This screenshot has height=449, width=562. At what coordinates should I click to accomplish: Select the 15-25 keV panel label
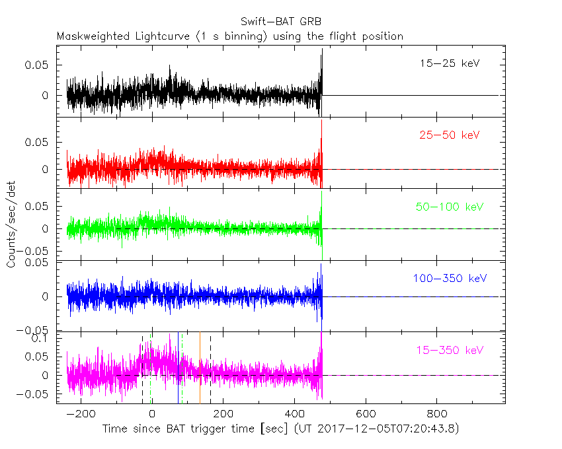(x=449, y=64)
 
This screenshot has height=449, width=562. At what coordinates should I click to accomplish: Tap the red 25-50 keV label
(x=449, y=135)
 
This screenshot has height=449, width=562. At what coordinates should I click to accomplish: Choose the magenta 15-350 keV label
(x=449, y=350)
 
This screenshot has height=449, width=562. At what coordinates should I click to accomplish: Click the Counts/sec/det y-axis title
(x=11, y=224)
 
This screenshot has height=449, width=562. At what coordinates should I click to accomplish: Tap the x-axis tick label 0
(x=152, y=414)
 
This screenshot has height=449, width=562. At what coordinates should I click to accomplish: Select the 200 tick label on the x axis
(x=223, y=414)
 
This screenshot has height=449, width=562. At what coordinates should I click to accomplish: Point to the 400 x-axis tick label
(x=294, y=414)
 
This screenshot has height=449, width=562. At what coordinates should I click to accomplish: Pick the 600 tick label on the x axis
(x=365, y=414)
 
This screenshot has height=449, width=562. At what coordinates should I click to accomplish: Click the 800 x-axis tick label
(x=436, y=414)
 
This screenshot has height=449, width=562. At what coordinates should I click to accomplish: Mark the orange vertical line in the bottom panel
(x=200, y=370)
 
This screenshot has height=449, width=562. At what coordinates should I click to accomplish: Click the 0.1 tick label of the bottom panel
(x=42, y=338)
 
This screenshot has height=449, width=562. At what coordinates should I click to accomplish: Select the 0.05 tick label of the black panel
(x=37, y=65)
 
